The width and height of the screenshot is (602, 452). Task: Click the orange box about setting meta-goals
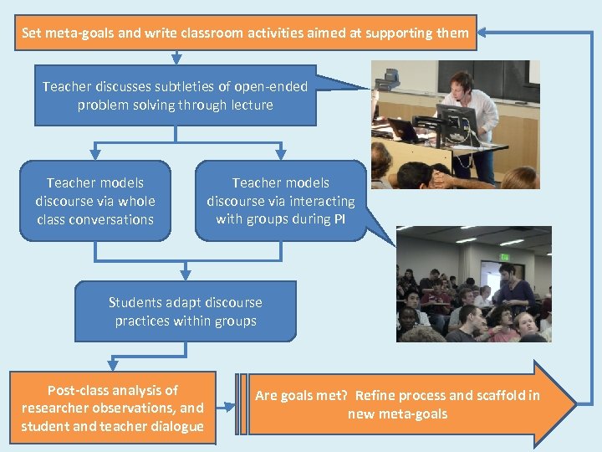245,33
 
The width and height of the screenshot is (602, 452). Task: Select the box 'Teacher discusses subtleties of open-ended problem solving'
176,96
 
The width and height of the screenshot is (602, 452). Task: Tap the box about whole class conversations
94,201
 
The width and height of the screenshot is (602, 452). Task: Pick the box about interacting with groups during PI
280,201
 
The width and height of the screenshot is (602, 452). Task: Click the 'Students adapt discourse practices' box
186,311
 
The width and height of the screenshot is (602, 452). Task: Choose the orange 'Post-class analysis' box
113,408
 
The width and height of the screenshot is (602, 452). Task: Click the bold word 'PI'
339,219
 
